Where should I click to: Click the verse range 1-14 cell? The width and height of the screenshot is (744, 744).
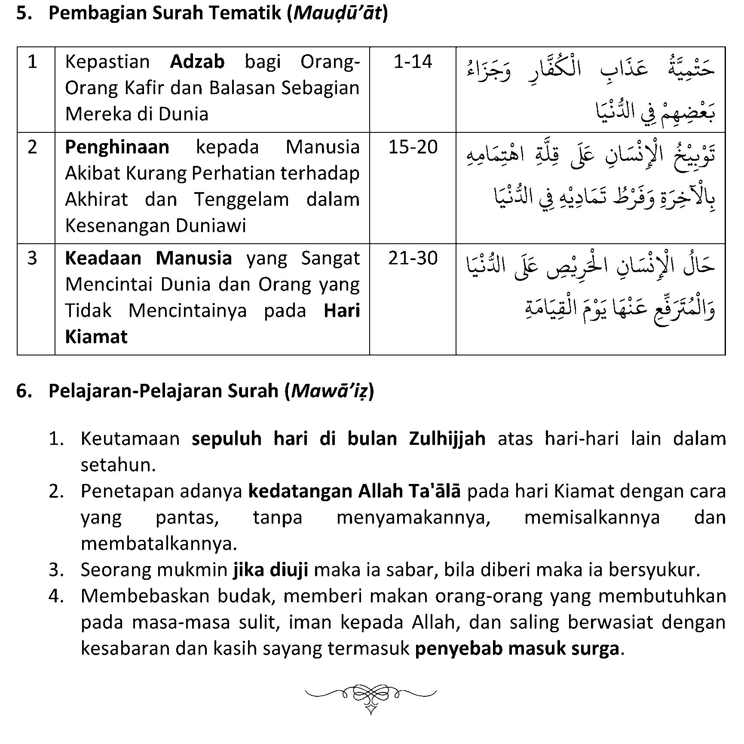click(412, 62)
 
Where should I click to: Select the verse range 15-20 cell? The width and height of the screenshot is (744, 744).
click(413, 147)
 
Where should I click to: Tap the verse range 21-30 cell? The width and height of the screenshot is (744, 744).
click(413, 258)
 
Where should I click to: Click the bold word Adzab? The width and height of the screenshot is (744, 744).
click(197, 62)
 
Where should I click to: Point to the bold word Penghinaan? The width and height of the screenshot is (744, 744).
click(117, 147)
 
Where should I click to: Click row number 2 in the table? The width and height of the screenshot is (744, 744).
click(32, 147)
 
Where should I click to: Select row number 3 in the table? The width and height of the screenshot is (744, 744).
click(32, 258)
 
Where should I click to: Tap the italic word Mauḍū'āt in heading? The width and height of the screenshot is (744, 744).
click(337, 13)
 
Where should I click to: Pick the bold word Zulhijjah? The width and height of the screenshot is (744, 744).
click(447, 439)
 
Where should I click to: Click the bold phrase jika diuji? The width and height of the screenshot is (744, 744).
click(271, 570)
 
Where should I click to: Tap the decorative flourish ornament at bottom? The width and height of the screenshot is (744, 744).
click(370, 695)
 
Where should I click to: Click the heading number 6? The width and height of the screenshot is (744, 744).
click(23, 391)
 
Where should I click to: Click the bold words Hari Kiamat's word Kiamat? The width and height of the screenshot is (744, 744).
click(96, 337)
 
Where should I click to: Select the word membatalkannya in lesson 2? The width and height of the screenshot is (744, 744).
click(159, 544)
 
